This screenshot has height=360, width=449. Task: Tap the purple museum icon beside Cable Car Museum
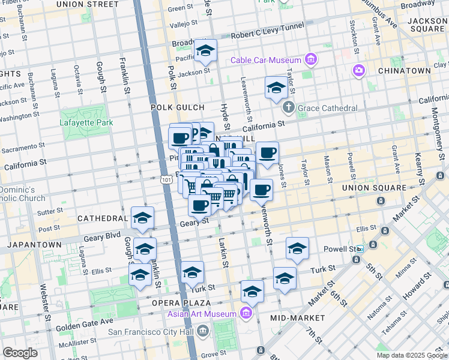(x=310, y=60)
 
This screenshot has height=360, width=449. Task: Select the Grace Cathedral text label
(x=328, y=109)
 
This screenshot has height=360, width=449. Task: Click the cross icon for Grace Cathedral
(x=289, y=108)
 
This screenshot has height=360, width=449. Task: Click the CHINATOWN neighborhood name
(x=404, y=71)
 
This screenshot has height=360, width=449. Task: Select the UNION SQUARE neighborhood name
(x=374, y=188)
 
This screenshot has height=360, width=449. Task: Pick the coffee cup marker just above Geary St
(x=200, y=205)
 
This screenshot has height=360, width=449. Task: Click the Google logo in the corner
(x=20, y=353)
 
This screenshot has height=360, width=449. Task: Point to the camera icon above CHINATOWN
(x=359, y=71)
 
